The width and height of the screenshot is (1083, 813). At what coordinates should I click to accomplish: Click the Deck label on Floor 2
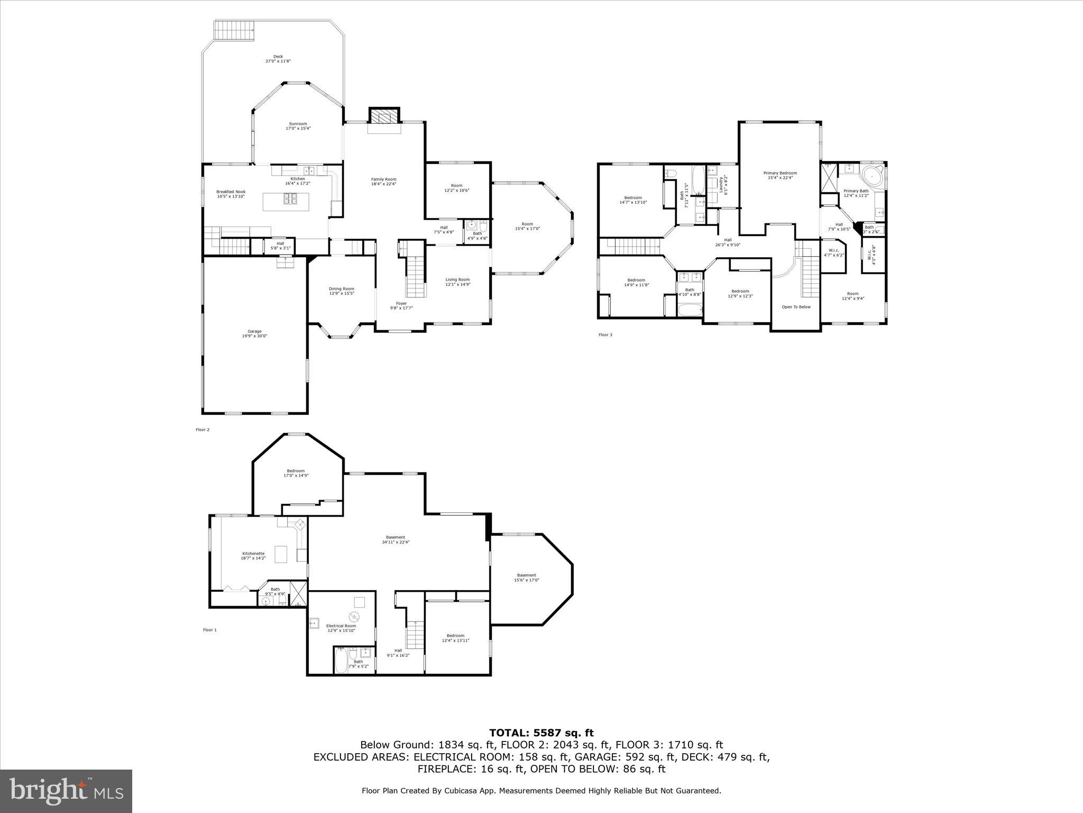pyautogui.click(x=278, y=59)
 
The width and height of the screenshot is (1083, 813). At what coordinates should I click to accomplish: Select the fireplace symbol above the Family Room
pyautogui.click(x=384, y=116)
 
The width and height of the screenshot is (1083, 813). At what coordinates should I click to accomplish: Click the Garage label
pyautogui.click(x=254, y=333)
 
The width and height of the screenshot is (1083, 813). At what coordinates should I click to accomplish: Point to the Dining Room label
pyautogui.click(x=341, y=291)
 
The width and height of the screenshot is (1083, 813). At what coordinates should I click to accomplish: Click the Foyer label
pyautogui.click(x=401, y=305)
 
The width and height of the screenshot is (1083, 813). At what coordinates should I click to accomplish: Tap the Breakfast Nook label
pyautogui.click(x=231, y=194)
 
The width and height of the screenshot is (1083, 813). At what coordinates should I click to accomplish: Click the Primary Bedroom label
pyautogui.click(x=780, y=175)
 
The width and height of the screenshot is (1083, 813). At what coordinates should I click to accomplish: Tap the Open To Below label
pyautogui.click(x=796, y=307)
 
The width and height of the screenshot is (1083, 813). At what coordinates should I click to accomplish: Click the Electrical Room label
pyautogui.click(x=341, y=628)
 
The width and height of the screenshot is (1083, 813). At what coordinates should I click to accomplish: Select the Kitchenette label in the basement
pyautogui.click(x=253, y=555)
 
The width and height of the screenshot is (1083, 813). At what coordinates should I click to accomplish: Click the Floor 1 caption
pyautogui.click(x=210, y=630)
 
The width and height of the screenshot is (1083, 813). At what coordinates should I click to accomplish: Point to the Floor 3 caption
pyautogui.click(x=605, y=335)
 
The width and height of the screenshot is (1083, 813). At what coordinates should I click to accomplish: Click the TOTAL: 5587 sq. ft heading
pyautogui.click(x=541, y=733)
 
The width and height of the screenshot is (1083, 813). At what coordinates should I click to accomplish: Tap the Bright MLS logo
pyautogui.click(x=66, y=791)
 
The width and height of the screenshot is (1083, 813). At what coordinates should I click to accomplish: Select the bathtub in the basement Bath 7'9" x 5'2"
pyautogui.click(x=341, y=661)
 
